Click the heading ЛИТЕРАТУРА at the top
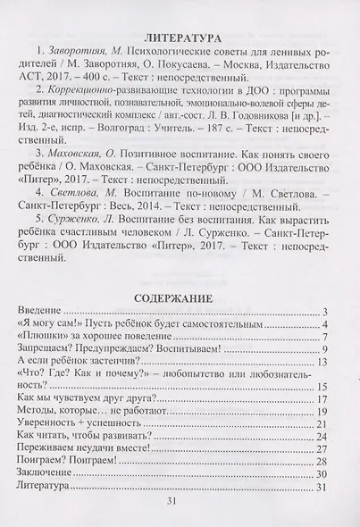(180, 40)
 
